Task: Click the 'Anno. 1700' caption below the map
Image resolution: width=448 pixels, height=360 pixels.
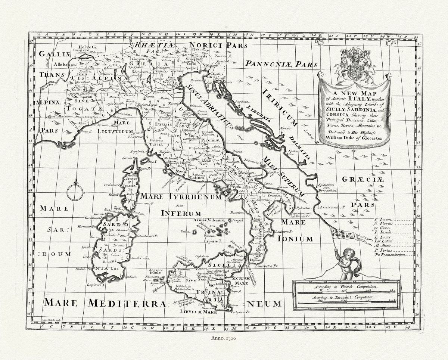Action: click(224, 338)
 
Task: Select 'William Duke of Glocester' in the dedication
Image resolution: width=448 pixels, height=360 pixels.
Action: click(354, 138)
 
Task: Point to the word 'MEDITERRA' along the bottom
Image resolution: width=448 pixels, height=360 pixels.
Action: click(124, 303)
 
